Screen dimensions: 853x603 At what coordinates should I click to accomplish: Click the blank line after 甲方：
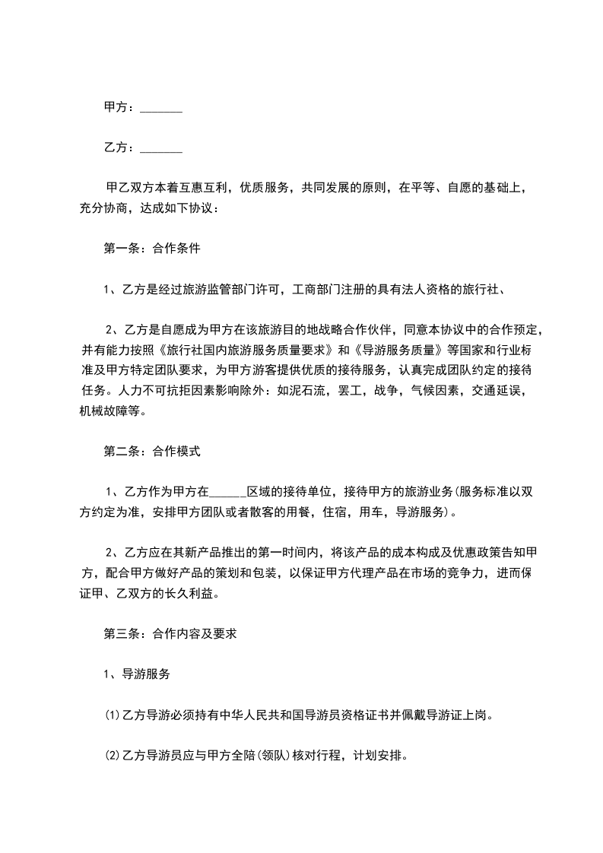161,109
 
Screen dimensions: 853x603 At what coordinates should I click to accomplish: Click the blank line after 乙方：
161,148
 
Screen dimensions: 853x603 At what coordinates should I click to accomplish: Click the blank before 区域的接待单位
226,491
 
